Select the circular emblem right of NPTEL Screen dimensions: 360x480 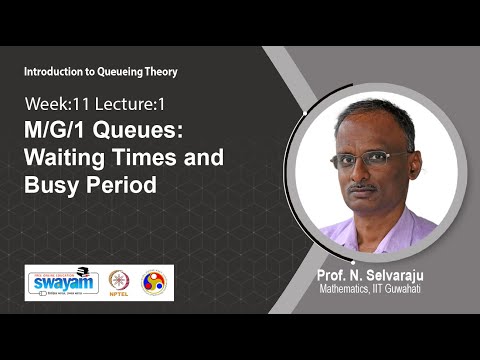click(x=154, y=282)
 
